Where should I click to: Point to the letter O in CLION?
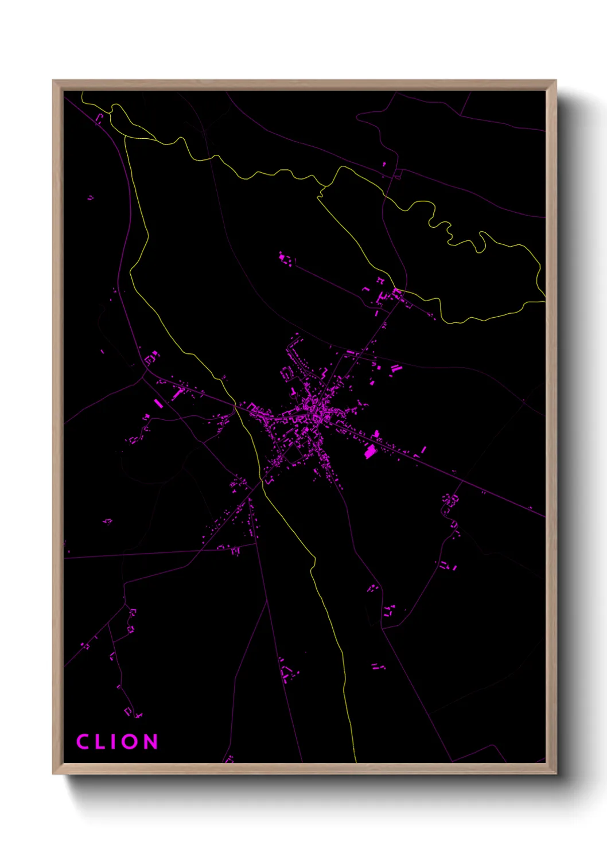tap(130, 741)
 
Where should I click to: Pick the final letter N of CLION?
tap(150, 741)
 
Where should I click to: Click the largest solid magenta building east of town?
tap(370, 451)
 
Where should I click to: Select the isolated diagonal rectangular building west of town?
tap(159, 403)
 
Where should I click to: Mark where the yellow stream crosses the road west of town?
tap(235, 405)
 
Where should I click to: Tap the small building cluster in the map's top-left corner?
tap(99, 119)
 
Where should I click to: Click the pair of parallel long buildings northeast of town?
tap(395, 368)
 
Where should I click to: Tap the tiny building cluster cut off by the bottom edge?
tap(229, 760)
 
